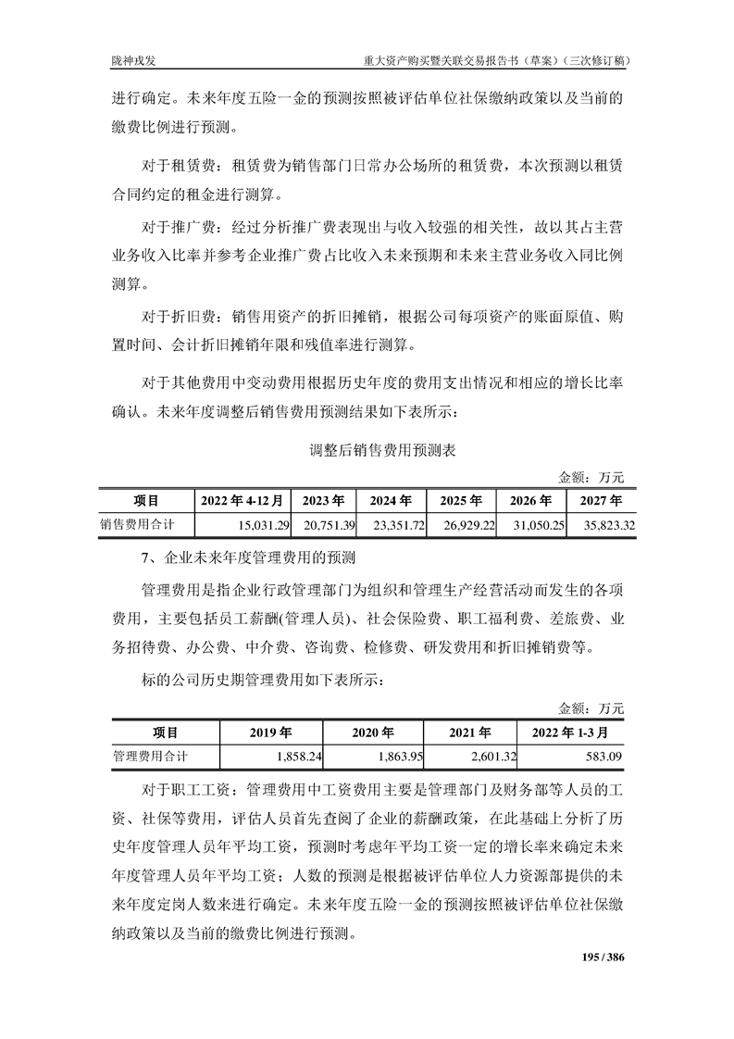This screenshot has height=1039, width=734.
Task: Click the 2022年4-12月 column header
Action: coord(242,501)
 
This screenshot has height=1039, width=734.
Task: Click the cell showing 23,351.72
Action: coord(396,525)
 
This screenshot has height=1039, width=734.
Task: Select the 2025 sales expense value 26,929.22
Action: coord(467,525)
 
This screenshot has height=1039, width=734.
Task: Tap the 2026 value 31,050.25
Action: coord(537,525)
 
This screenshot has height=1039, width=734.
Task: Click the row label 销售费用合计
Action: coord(138,524)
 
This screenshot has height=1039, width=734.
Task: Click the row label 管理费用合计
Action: coord(151,757)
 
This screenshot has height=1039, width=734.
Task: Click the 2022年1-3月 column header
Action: coord(570,732)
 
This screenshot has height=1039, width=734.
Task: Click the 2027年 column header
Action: coord(602,501)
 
